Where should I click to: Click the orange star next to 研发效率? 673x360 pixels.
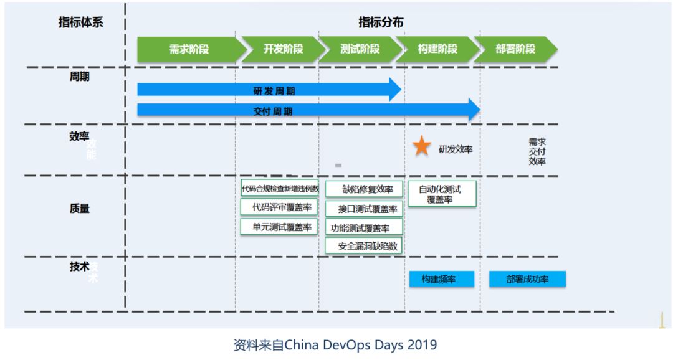[422, 147]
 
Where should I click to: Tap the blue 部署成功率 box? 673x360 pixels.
[527, 279]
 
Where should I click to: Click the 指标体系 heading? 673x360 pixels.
[80, 22]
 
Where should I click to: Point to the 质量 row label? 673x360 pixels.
[80, 209]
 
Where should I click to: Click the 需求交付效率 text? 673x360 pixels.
[537, 151]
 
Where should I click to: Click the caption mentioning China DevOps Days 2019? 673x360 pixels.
[335, 344]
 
